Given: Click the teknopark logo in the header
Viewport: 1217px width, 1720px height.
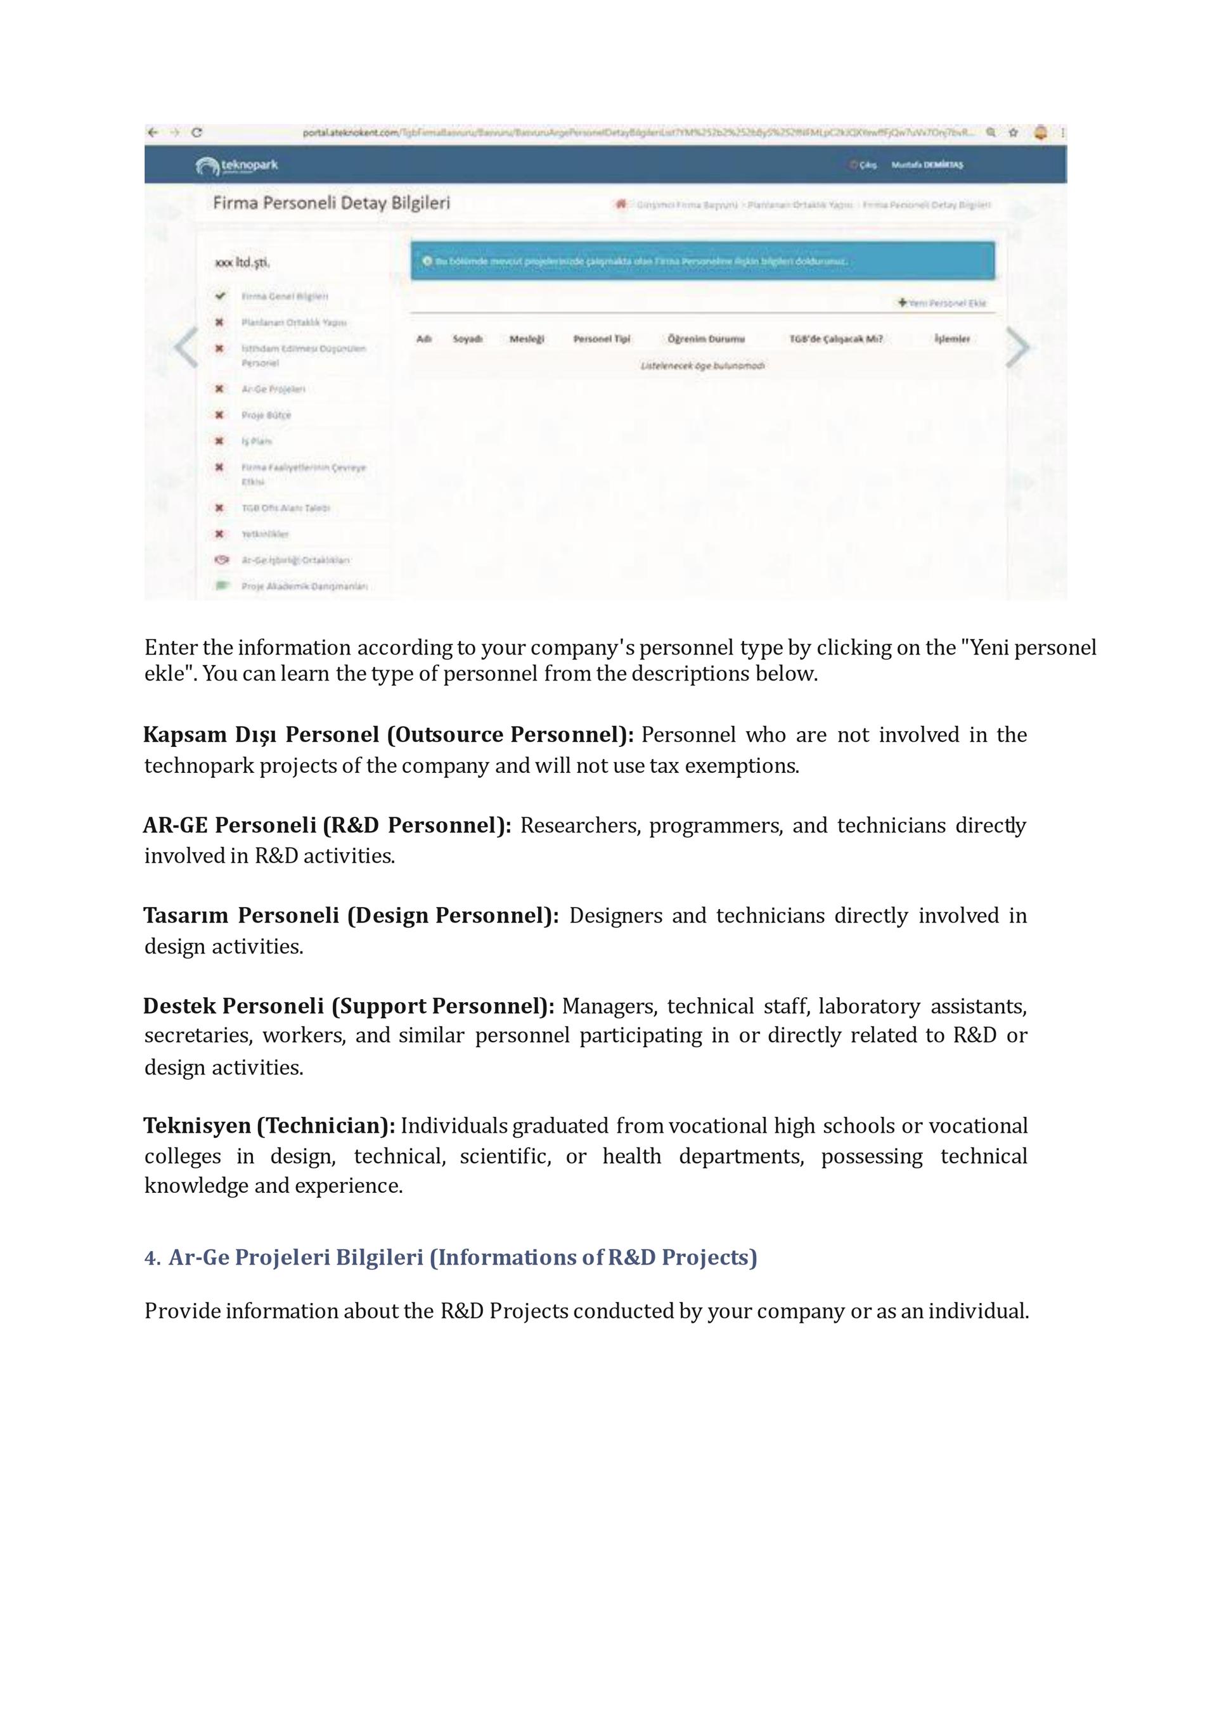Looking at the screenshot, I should click(237, 165).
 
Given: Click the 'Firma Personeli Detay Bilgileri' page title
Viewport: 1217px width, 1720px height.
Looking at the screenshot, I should click(332, 203).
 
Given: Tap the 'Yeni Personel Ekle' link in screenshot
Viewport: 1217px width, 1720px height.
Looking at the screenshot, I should click(942, 303).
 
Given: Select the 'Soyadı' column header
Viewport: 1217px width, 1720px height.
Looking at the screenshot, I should click(468, 340).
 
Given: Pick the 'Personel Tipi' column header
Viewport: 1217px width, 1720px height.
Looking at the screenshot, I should click(602, 340).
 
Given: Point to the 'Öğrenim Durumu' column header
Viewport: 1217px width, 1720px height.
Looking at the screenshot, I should click(706, 340).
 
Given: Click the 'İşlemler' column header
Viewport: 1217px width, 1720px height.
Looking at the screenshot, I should click(951, 340).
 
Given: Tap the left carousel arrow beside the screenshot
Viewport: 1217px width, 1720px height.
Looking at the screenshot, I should click(185, 348).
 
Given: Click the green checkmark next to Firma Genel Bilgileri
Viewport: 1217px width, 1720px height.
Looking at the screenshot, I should click(219, 296).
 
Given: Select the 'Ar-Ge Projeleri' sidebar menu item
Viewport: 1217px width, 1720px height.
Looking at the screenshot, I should click(273, 389).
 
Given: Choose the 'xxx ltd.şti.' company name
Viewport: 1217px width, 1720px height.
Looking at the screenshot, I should click(242, 263).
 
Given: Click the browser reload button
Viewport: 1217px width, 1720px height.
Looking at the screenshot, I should click(196, 132).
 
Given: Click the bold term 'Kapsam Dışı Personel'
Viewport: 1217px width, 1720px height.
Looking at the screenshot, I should click(261, 735).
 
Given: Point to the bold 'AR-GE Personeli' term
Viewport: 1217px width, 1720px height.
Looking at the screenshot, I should click(229, 825).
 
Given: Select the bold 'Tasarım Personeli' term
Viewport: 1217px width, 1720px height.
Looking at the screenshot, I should click(241, 915).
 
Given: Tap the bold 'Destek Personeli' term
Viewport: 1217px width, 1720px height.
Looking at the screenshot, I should click(233, 1006).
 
